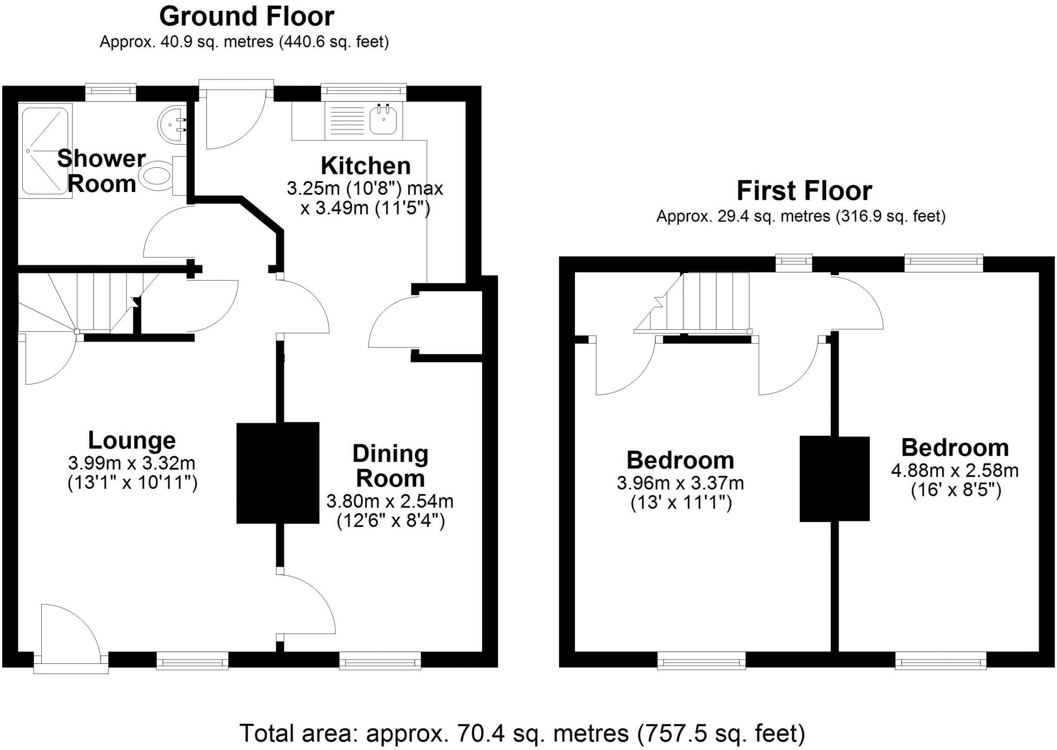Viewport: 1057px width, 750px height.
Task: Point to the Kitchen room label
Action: (x=365, y=166)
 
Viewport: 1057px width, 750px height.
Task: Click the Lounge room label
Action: (x=132, y=440)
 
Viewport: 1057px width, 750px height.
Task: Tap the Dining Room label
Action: (x=390, y=466)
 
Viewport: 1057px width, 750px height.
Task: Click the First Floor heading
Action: (x=804, y=190)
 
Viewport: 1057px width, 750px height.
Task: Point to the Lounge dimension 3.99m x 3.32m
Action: (x=132, y=463)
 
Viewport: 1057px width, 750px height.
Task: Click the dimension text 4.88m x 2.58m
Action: (x=955, y=471)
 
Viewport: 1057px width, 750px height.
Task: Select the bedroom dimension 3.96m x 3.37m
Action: (x=680, y=484)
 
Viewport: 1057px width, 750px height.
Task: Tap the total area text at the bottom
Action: (x=522, y=733)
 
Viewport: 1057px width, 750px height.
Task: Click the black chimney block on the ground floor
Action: (x=278, y=473)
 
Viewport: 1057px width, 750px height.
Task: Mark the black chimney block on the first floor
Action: (x=835, y=478)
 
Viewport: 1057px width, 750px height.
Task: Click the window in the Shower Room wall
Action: (x=110, y=93)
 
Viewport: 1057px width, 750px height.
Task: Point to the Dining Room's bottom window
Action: (x=380, y=661)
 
